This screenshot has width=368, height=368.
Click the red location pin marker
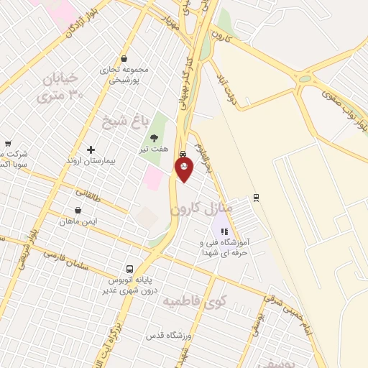point(184,169)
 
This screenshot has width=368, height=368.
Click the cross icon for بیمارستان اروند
point(91,149)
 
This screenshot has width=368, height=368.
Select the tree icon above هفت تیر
point(153,139)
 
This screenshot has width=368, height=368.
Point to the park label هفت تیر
point(154,149)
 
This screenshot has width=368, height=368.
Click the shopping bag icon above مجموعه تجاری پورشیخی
point(124,59)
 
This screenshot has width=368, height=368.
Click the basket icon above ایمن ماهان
point(78,211)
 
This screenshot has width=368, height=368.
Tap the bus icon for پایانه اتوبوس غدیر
point(130,267)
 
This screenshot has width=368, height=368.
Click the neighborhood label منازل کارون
point(202,209)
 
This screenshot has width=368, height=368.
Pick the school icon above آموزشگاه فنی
point(224,232)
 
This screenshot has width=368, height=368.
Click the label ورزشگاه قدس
point(166,336)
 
